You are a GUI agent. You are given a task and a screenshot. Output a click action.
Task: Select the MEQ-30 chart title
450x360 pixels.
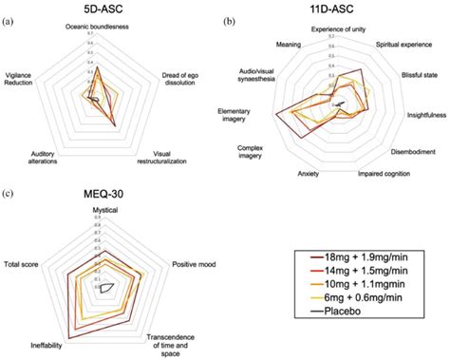click(x=104, y=194)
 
